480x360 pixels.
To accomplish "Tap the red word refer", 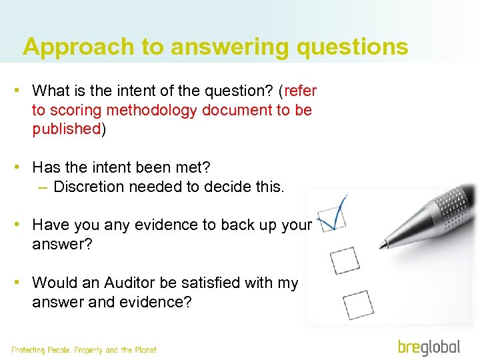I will tap(301, 90).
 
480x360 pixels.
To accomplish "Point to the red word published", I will tap(66, 129).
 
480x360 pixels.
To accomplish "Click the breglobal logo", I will tap(429, 347).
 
